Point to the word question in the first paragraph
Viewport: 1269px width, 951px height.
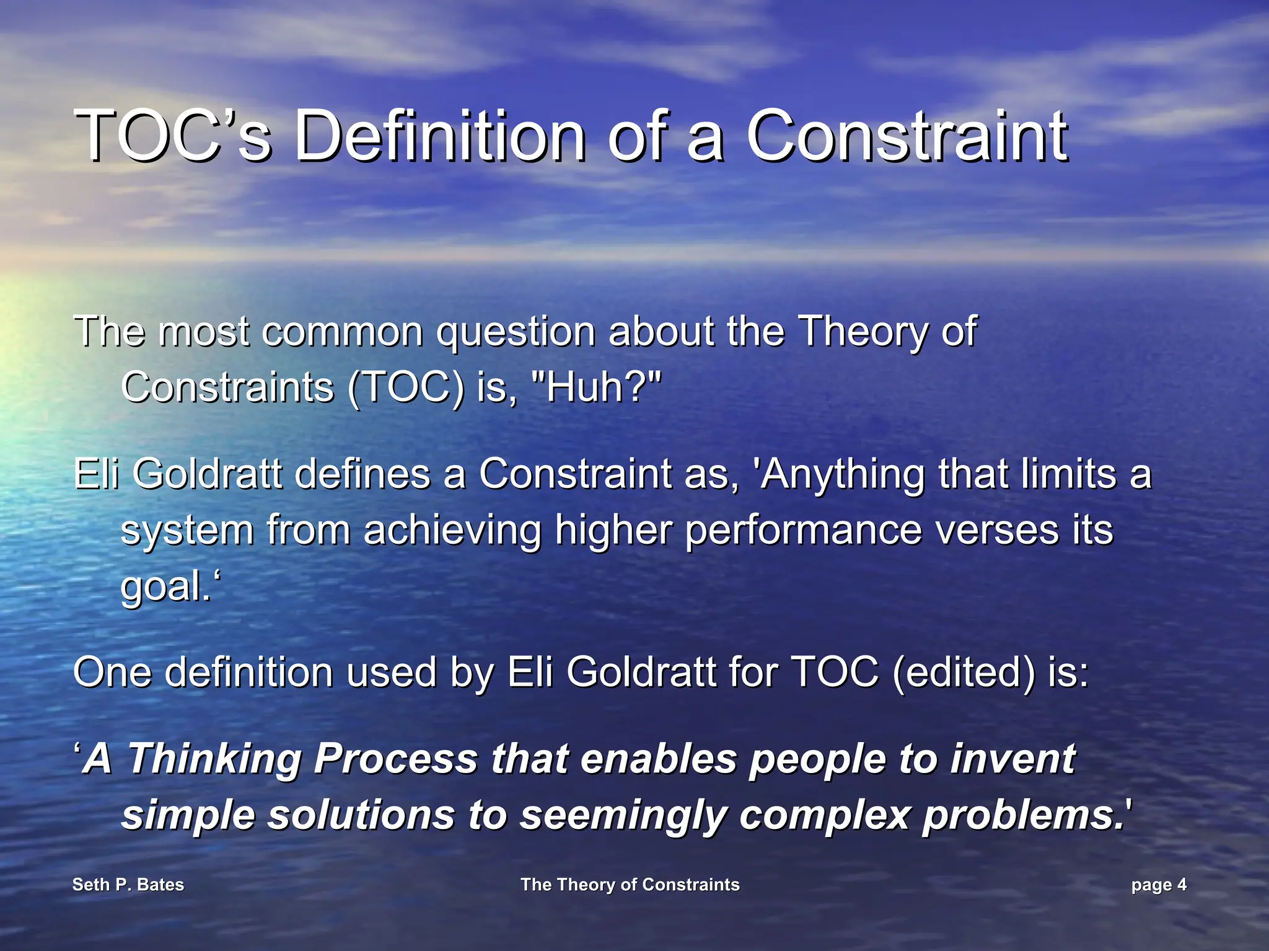click(516, 333)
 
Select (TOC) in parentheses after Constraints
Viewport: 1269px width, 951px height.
click(406, 387)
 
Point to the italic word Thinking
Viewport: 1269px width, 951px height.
click(214, 759)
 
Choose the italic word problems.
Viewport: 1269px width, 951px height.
click(1022, 816)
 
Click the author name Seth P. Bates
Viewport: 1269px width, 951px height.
click(128, 885)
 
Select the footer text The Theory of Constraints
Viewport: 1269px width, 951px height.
click(630, 885)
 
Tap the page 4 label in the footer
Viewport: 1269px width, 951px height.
click(1158, 885)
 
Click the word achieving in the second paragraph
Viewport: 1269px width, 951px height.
click(452, 531)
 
